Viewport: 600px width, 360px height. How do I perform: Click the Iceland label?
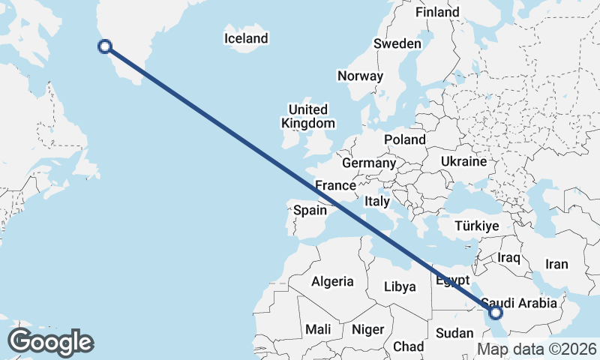[246, 38]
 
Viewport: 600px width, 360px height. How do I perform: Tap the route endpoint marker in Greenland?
[105, 46]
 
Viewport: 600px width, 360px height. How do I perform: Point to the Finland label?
[437, 13]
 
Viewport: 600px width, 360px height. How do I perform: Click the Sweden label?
[397, 44]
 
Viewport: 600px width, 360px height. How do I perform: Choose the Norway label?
[360, 76]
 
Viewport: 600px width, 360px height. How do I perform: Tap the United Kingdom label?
[307, 116]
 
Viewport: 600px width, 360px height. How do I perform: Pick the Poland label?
[405, 139]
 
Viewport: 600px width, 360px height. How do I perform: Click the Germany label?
[368, 163]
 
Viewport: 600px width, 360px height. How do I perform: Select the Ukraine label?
[464, 161]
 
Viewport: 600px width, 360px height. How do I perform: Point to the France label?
[334, 185]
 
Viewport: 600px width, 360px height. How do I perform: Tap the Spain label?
[310, 211]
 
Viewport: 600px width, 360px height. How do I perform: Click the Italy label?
[377, 202]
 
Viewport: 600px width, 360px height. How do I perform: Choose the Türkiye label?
[478, 226]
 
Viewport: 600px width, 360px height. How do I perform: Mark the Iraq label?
[508, 257]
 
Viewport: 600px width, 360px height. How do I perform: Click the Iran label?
[556, 264]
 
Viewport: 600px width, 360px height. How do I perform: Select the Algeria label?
[332, 281]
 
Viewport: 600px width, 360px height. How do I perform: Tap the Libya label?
[399, 286]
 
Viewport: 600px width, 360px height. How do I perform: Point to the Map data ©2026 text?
[536, 349]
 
